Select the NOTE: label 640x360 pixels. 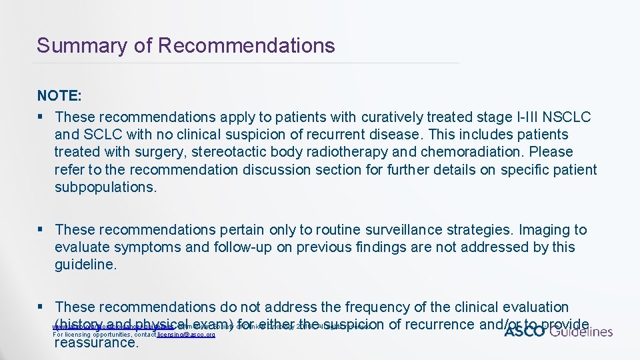pyautogui.click(x=59, y=96)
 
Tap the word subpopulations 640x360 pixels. pyautogui.click(x=105, y=187)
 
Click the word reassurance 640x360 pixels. pyautogui.click(x=97, y=343)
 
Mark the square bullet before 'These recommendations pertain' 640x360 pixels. pyautogui.click(x=42, y=230)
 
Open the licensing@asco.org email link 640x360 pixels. pyautogui.click(x=186, y=334)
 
